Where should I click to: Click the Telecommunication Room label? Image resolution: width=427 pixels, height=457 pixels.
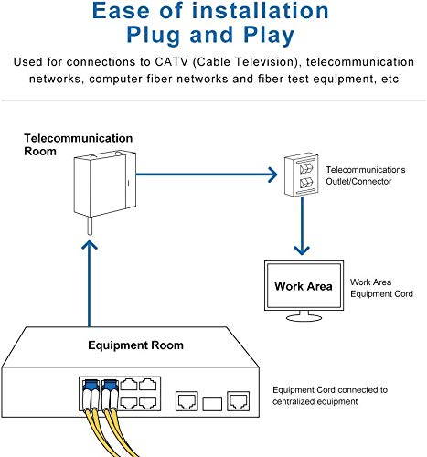[x=78, y=144]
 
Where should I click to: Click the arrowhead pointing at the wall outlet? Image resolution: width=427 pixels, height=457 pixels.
[x=271, y=173]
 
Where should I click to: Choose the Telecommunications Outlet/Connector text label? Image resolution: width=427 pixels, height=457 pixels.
[x=365, y=175]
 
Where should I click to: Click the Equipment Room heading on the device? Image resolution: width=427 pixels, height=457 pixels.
[x=135, y=345]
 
